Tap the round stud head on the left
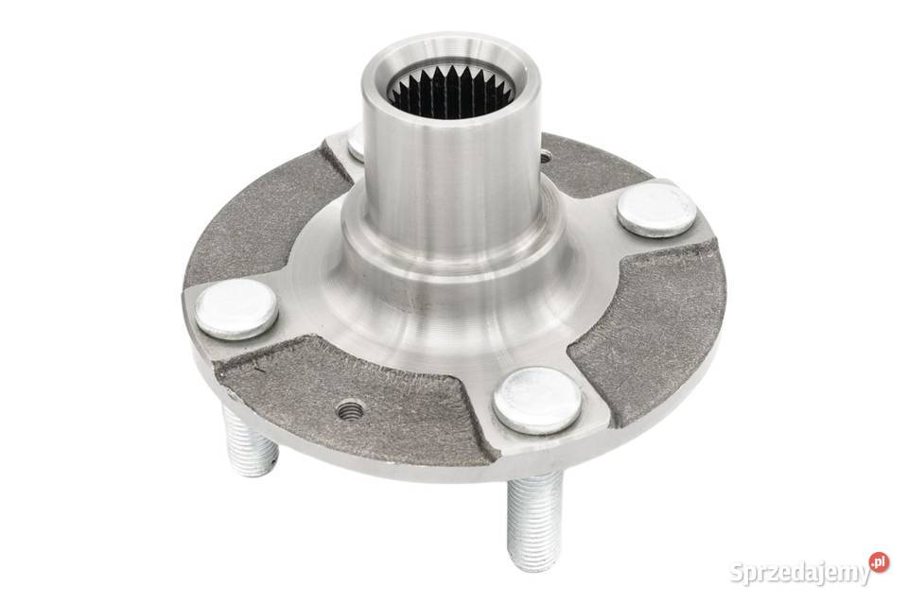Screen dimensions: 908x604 click(236, 308)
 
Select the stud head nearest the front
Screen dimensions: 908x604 click(537, 400)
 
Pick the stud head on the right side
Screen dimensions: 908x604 click(655, 208)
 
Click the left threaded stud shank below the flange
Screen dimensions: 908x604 click(249, 439)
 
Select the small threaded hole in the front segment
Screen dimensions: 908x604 click(351, 410)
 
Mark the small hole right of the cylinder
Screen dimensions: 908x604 click(546, 154)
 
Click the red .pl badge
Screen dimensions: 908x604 click(879, 562)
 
